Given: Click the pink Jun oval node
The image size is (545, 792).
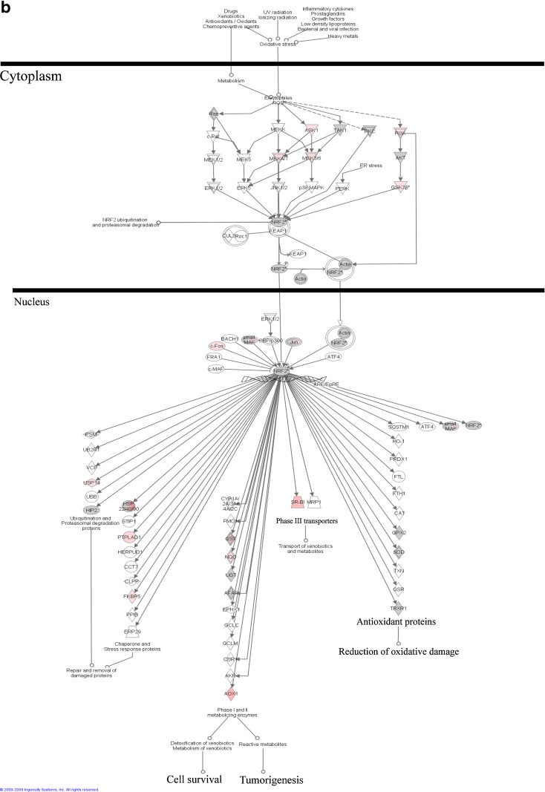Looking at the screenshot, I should pyautogui.click(x=295, y=341).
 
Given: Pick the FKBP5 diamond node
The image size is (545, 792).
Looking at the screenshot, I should pyautogui.click(x=131, y=596).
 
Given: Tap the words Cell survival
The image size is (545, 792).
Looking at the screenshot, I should pyautogui.click(x=195, y=779).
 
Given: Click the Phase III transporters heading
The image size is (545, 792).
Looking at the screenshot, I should pyautogui.click(x=307, y=520).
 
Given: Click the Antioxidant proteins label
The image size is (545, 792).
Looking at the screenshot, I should pyautogui.click(x=396, y=621).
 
